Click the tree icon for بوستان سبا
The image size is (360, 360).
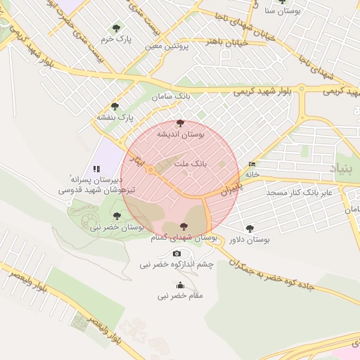point(283,2)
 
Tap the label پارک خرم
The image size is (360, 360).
point(116,39)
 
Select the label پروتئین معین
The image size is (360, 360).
point(167,46)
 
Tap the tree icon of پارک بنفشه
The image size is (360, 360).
point(115,106)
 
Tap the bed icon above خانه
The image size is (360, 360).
point(252,165)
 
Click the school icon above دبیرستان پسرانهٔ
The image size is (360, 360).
point(96,169)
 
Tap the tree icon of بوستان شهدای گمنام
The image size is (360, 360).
point(184,226)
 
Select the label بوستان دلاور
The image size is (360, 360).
point(250,240)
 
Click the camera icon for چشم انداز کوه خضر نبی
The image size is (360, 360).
point(176,253)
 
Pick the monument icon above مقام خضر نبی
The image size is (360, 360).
point(180,285)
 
